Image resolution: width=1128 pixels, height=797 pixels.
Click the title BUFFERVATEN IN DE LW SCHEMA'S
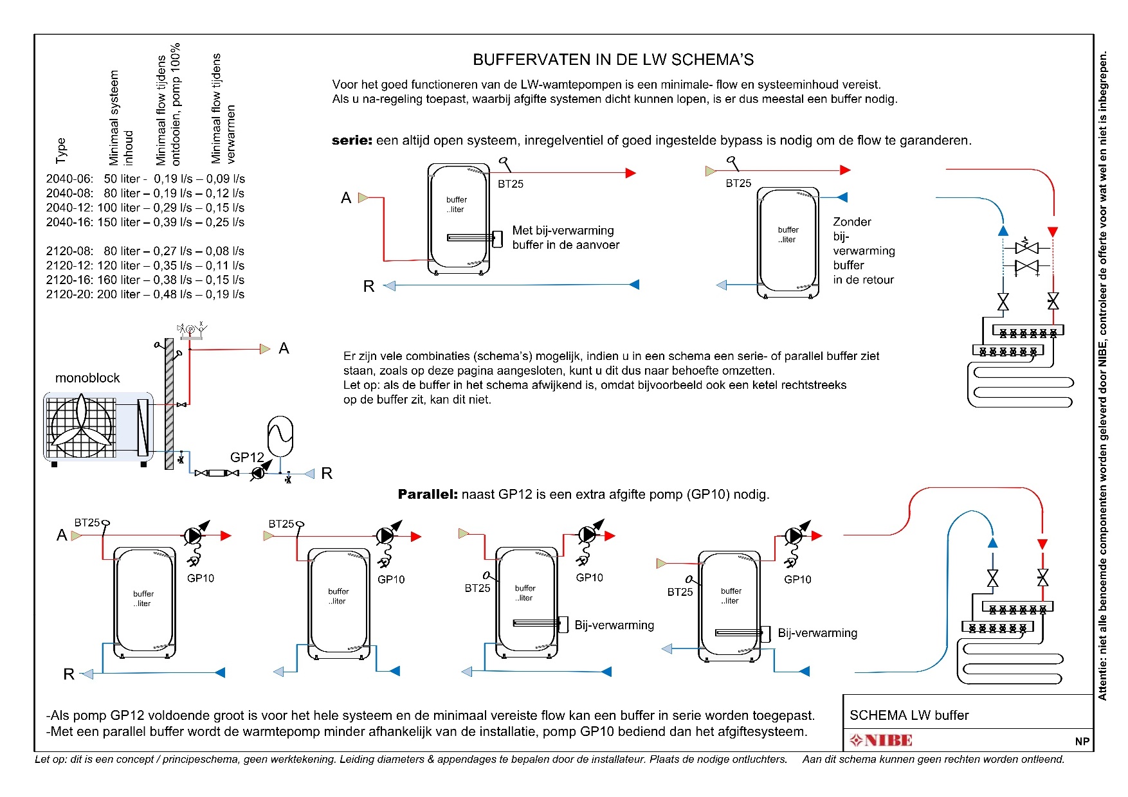point(613,60)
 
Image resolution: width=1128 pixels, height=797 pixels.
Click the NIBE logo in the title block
point(880,740)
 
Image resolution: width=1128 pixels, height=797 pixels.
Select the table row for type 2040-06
point(145,179)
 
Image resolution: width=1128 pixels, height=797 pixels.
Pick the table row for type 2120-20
point(145,294)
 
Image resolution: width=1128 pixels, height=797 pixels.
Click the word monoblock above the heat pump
point(87,378)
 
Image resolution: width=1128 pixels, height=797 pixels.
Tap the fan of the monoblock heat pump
point(82,425)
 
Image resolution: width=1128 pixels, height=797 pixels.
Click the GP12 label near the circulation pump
point(247,457)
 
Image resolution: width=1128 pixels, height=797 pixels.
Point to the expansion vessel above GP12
point(280,437)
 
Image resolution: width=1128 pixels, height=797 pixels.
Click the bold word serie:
point(352,140)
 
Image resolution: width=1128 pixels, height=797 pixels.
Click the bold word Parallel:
point(428,494)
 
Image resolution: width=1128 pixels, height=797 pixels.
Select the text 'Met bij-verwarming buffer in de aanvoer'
point(566,237)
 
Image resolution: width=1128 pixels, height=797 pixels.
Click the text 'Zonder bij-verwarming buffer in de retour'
point(864,251)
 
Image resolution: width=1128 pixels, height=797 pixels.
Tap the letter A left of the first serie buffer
point(346,198)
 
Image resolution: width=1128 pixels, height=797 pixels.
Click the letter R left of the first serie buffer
point(368,287)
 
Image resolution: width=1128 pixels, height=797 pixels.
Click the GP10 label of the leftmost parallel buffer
point(201,578)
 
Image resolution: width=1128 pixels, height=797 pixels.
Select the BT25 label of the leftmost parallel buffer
point(87,523)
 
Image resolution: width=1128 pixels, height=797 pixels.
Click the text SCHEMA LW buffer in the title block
point(909,715)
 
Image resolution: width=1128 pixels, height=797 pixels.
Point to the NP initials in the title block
point(1082,741)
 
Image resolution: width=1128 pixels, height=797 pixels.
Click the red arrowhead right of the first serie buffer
point(631,173)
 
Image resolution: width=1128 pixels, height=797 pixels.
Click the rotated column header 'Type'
point(61,150)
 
